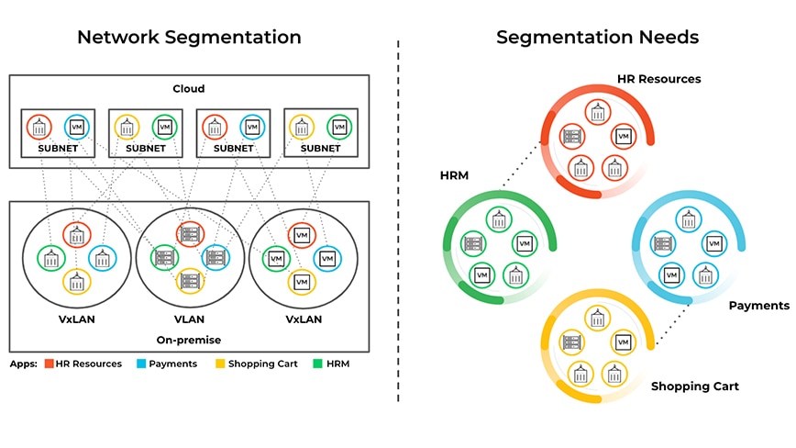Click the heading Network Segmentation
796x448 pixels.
pos(189,38)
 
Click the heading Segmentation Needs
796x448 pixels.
pos(597,38)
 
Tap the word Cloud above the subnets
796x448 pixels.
pos(189,89)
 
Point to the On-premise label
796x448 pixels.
pos(189,340)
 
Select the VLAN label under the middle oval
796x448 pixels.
pos(189,319)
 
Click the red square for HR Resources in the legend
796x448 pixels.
pos(49,364)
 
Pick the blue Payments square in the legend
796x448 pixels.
pos(142,364)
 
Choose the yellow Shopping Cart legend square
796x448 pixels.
pos(219,364)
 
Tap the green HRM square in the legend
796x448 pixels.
pos(316,364)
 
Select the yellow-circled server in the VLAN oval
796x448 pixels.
pos(190,281)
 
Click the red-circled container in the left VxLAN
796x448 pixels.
pos(76,235)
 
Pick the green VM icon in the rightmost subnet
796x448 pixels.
pos(339,127)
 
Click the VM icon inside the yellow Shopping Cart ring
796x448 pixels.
pos(624,342)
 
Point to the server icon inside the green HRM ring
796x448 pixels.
pos(473,244)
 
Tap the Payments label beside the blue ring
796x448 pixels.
pos(758,305)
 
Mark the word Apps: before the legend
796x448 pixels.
pos(23,364)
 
